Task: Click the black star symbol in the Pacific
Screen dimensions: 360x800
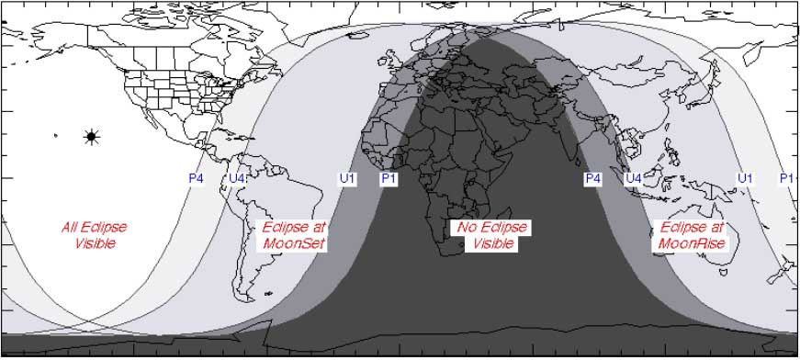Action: click(x=90, y=137)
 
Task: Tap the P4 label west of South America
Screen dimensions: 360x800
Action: click(x=196, y=178)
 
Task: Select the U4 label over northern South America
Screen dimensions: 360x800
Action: click(x=237, y=178)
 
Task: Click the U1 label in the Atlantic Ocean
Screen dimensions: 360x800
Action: click(x=347, y=178)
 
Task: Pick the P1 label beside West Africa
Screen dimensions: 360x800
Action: click(x=389, y=178)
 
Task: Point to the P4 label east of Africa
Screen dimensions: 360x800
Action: click(x=592, y=178)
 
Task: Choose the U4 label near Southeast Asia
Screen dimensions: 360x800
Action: click(x=633, y=178)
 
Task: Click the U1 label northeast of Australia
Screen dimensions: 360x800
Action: click(x=745, y=178)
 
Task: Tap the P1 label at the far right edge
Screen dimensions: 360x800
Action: click(x=786, y=178)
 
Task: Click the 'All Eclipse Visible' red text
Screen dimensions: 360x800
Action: click(x=95, y=235)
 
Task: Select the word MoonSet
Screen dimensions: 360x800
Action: click(x=295, y=243)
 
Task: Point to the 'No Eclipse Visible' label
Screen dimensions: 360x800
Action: click(x=494, y=235)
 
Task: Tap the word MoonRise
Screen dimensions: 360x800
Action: click(x=692, y=243)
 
